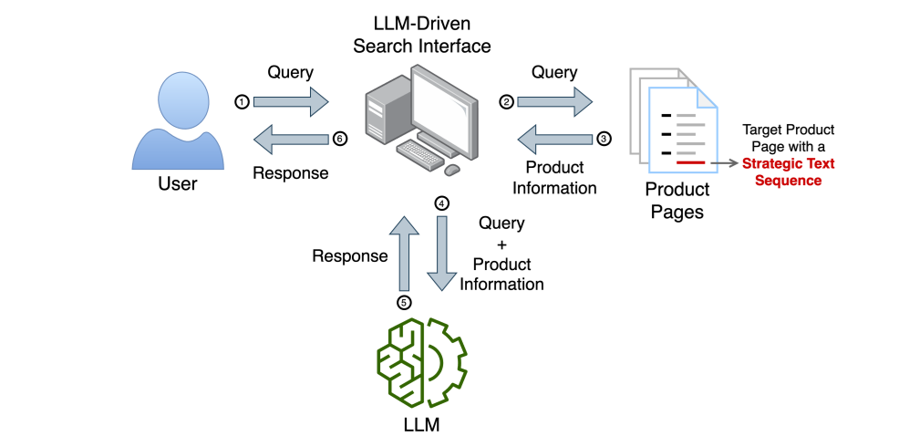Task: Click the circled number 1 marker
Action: click(242, 102)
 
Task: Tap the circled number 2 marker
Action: click(507, 102)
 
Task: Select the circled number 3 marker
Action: click(604, 140)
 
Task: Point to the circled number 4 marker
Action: click(442, 203)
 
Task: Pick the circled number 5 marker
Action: click(404, 302)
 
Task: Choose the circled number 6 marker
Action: click(340, 140)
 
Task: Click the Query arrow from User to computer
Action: click(291, 102)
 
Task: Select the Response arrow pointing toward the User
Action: click(291, 140)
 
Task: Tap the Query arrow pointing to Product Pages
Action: click(555, 102)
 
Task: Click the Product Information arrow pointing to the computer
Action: click(555, 140)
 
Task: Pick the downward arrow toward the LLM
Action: click(442, 254)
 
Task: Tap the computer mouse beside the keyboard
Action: click(451, 170)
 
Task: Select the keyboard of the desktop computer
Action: click(420, 151)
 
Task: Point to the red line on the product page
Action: click(690, 163)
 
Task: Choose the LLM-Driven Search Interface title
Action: click(422, 36)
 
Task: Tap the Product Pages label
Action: click(677, 201)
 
